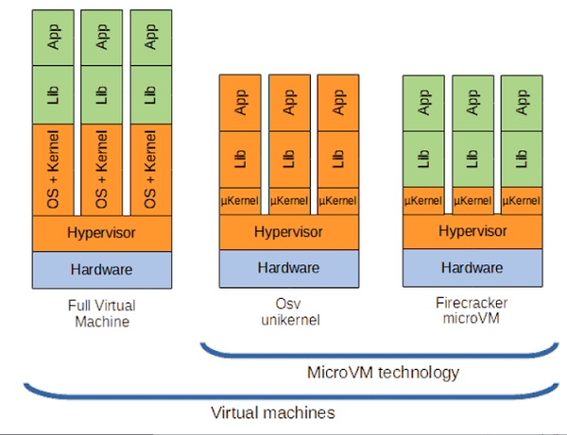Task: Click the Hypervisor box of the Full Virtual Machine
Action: [102, 232]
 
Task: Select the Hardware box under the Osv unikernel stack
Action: [289, 268]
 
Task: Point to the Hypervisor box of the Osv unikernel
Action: [289, 232]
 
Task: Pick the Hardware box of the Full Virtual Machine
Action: [102, 270]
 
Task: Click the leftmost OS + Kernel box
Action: [54, 170]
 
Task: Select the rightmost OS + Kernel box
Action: [151, 170]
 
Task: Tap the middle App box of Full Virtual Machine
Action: [102, 37]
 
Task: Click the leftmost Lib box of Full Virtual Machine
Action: [54, 94]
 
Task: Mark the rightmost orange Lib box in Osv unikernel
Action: [338, 159]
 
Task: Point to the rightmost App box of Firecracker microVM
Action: [522, 103]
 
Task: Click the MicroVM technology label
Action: [384, 372]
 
